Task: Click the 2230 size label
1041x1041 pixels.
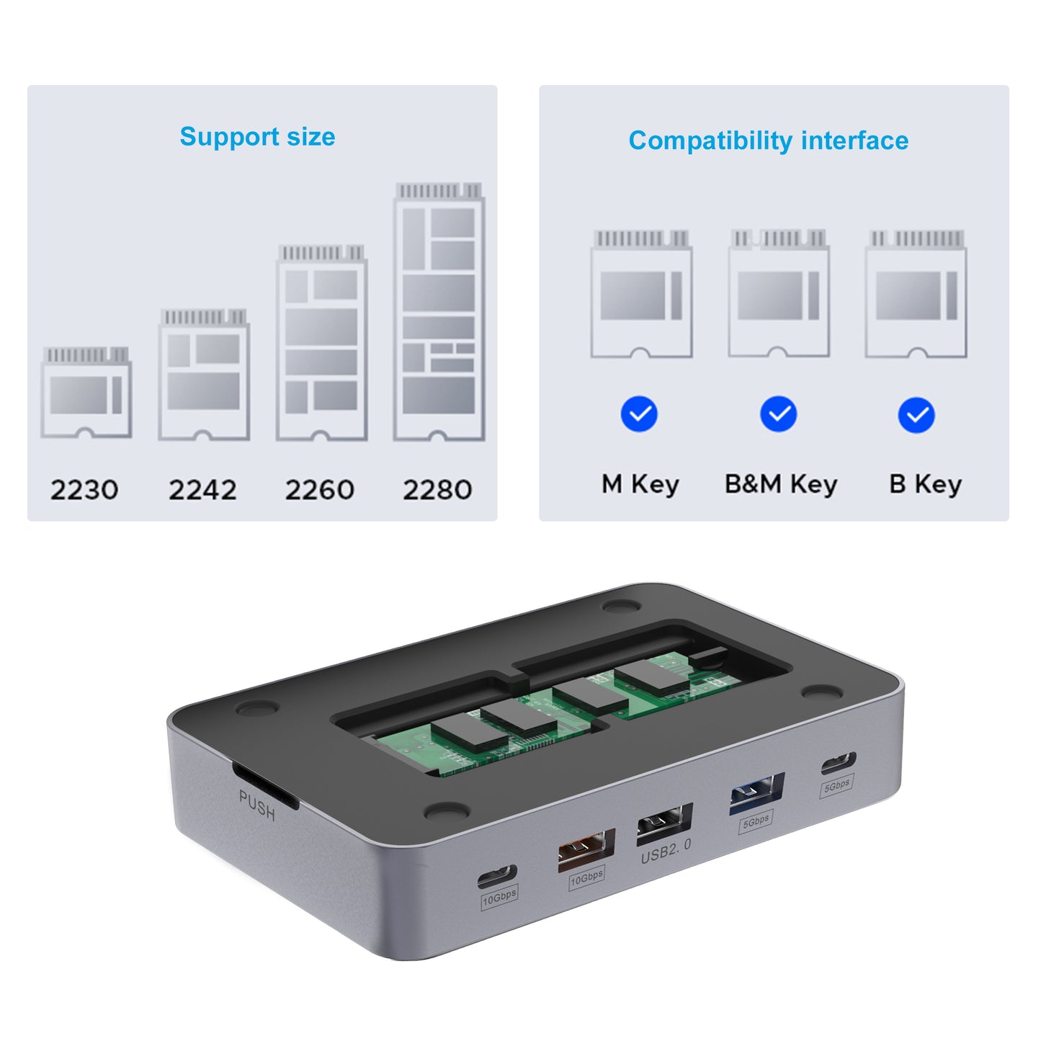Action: [x=84, y=489]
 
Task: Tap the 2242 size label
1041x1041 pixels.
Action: [x=202, y=489]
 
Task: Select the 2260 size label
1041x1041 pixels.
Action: [x=319, y=489]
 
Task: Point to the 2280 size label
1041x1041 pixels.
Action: [x=437, y=489]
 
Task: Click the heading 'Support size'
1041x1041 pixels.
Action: [x=258, y=137]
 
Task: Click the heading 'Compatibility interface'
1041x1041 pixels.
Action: [x=768, y=141]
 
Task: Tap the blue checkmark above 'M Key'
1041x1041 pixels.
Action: [x=639, y=414]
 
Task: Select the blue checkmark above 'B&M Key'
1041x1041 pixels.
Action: [x=778, y=414]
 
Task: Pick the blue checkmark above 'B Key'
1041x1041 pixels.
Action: [x=916, y=415]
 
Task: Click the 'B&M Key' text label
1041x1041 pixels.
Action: [x=781, y=485]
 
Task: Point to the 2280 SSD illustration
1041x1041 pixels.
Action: [x=439, y=312]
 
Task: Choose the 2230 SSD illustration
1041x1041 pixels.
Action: [x=86, y=393]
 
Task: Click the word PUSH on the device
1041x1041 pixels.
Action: [x=257, y=805]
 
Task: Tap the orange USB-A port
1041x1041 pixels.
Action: [x=586, y=850]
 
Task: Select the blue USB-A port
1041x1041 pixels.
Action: [x=756, y=794]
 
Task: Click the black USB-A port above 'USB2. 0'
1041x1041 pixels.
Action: [x=664, y=824]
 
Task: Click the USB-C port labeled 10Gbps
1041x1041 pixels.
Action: [x=497, y=876]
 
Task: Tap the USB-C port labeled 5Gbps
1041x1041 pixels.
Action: [x=839, y=763]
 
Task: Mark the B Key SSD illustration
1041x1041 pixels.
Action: [x=916, y=295]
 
